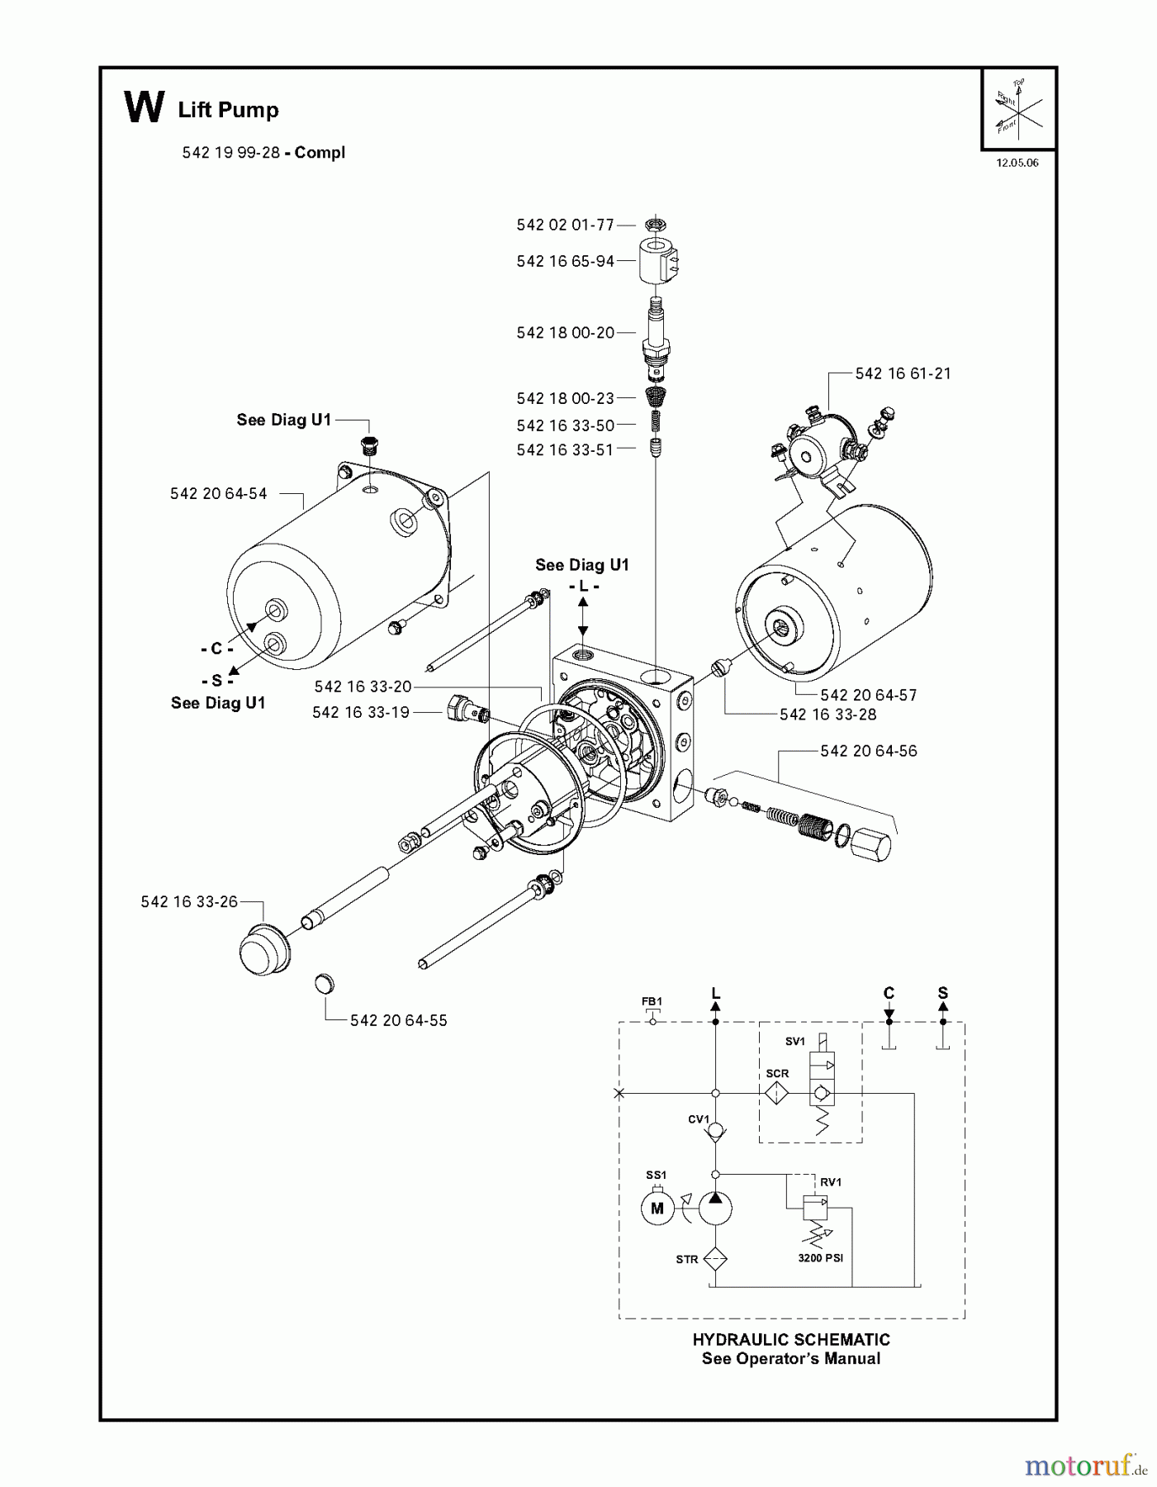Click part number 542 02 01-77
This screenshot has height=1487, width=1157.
565,225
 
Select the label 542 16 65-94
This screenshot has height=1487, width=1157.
565,261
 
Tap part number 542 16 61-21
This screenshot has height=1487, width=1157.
903,373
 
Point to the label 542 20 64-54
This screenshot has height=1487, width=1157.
218,493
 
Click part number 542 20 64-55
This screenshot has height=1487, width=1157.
398,1020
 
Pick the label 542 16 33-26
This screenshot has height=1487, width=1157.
189,901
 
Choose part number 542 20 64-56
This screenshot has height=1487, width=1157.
868,751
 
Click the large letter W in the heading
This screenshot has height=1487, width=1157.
144,108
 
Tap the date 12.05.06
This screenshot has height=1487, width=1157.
1017,163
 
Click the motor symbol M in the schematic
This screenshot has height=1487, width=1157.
657,1209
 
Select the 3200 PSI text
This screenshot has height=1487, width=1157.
820,1259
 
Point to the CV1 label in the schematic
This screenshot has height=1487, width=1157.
699,1119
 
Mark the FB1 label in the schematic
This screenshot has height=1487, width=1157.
652,1001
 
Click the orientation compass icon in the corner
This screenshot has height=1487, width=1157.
1018,107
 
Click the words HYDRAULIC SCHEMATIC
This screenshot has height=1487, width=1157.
790,1340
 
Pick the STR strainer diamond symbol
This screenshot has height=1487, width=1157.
715,1259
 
